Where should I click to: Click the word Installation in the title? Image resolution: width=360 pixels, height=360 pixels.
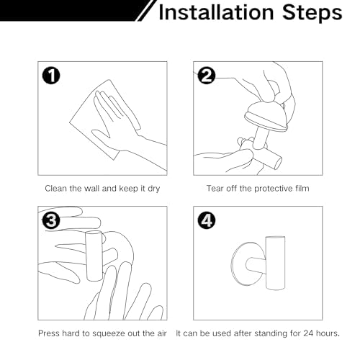coord(216,12)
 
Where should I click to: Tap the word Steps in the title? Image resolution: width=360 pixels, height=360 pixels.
coord(312,12)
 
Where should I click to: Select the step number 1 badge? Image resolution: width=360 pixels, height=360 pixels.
coord(51,76)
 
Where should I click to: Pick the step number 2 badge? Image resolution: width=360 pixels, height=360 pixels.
coord(207,76)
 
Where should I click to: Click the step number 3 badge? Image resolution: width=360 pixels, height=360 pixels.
coord(51,220)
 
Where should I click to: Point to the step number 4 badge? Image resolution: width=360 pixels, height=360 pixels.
coord(207,220)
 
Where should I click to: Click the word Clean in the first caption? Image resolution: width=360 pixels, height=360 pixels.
coord(56,188)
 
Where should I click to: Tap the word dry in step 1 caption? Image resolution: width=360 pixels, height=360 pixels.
coord(153,189)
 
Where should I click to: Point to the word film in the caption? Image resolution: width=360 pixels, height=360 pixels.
coord(302,188)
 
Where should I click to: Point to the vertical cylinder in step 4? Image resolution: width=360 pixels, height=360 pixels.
coord(275,263)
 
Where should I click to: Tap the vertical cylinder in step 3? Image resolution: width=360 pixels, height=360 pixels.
coord(94,256)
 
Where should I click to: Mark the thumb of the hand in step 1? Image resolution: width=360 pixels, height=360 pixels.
coord(101,135)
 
